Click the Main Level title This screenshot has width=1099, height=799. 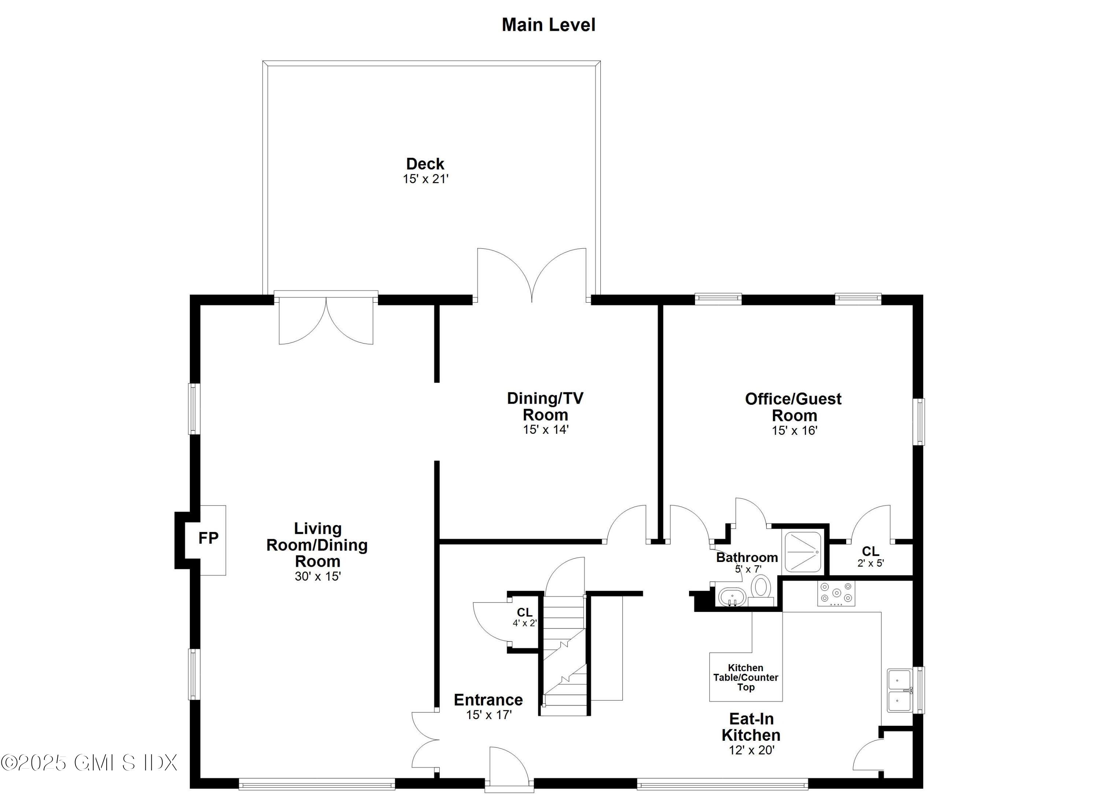click(x=548, y=25)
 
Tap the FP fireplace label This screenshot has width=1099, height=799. click(x=208, y=538)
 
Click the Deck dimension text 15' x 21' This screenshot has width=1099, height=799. click(x=425, y=179)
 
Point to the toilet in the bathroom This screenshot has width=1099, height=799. click(x=761, y=587)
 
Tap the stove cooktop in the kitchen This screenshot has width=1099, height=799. click(x=836, y=593)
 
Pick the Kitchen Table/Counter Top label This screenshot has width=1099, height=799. click(x=745, y=677)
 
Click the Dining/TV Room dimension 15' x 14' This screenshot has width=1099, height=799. click(x=545, y=430)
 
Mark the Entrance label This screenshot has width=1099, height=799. click(x=488, y=700)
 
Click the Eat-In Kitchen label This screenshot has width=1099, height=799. click(x=751, y=727)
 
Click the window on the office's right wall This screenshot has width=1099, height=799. click(x=918, y=422)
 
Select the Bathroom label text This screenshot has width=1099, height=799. click(x=747, y=558)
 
